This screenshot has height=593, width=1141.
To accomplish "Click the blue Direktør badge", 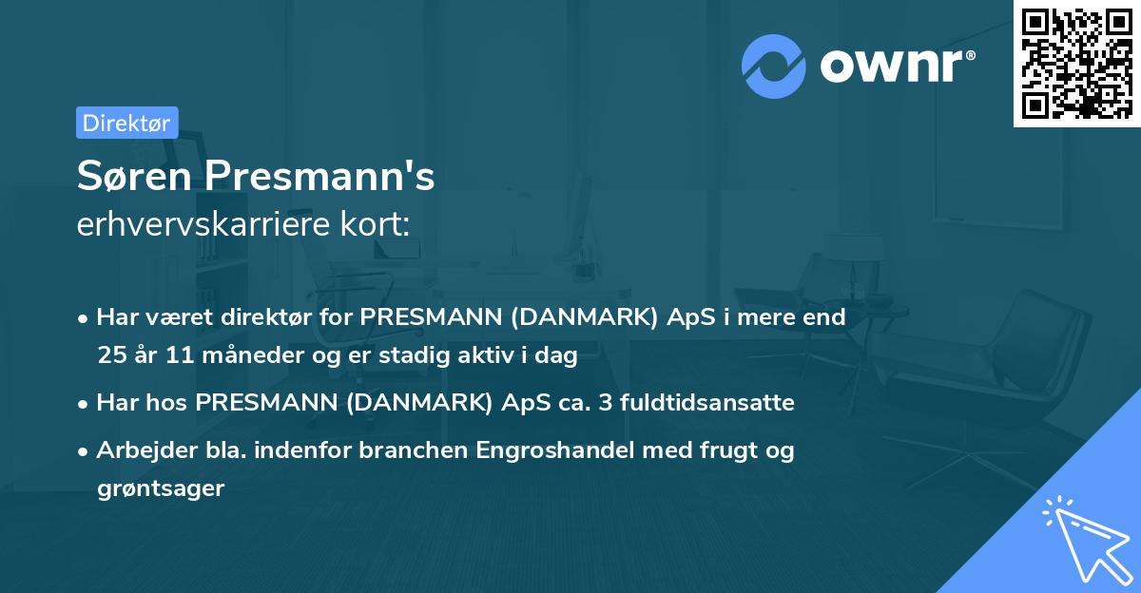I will tap(126, 123).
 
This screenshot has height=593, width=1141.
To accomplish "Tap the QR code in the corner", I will tap(1076, 63).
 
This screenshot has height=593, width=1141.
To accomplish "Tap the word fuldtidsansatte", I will tap(708, 402).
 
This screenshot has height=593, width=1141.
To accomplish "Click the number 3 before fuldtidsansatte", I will tap(609, 402).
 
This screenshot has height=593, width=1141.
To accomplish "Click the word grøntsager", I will tap(160, 488).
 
